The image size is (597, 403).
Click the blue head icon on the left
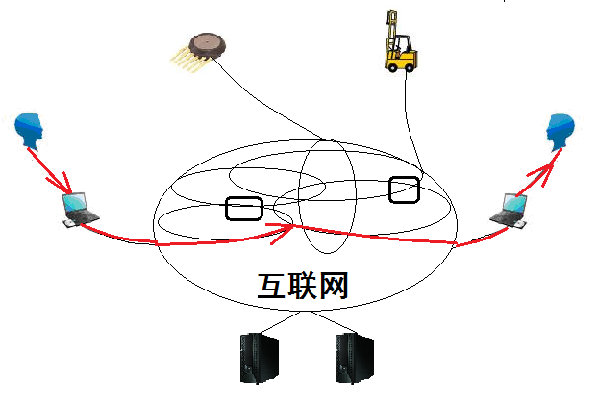click(x=32, y=132)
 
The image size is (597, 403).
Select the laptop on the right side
click(x=510, y=210)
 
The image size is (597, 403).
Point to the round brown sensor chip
click(x=208, y=42)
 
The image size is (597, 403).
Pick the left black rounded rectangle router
click(x=243, y=207)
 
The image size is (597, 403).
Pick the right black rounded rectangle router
click(x=405, y=189)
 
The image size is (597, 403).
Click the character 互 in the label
click(x=271, y=286)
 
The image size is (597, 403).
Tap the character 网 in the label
click(x=332, y=286)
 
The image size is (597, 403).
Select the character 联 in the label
click(x=302, y=286)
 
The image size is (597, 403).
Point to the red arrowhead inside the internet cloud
click(x=285, y=229)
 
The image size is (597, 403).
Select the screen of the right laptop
click(x=514, y=204)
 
